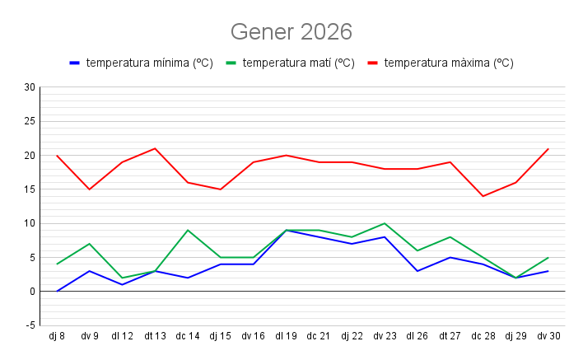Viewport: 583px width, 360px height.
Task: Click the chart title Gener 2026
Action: pos(291,32)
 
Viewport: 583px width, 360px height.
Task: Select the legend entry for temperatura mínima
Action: pos(148,63)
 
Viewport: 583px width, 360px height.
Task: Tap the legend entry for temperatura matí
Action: pos(298,63)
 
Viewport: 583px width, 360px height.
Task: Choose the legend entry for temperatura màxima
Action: pos(448,63)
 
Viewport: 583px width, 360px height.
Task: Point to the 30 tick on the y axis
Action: pos(30,87)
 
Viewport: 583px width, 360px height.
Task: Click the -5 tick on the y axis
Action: pos(30,325)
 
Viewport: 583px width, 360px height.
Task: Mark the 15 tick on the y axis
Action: pos(30,189)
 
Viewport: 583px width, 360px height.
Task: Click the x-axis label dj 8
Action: pos(57,336)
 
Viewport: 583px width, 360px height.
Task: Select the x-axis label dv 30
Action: pos(548,336)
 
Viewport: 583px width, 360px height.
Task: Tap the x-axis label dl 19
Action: pos(287,336)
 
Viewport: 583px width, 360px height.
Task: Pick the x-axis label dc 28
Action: pos(483,336)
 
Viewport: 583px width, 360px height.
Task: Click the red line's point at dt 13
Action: pos(155,148)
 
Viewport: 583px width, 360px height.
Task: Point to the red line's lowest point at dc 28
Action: pos(483,196)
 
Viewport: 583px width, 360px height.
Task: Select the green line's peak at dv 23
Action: pos(385,223)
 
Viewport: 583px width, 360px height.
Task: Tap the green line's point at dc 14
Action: pos(188,230)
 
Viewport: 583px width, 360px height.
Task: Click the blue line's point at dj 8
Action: pos(57,291)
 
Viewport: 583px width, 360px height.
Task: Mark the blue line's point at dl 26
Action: pos(417,271)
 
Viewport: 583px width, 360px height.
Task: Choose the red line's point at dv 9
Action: pos(90,189)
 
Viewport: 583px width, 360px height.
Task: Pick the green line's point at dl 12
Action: pos(123,278)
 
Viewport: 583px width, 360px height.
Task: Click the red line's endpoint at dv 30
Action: pos(548,148)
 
